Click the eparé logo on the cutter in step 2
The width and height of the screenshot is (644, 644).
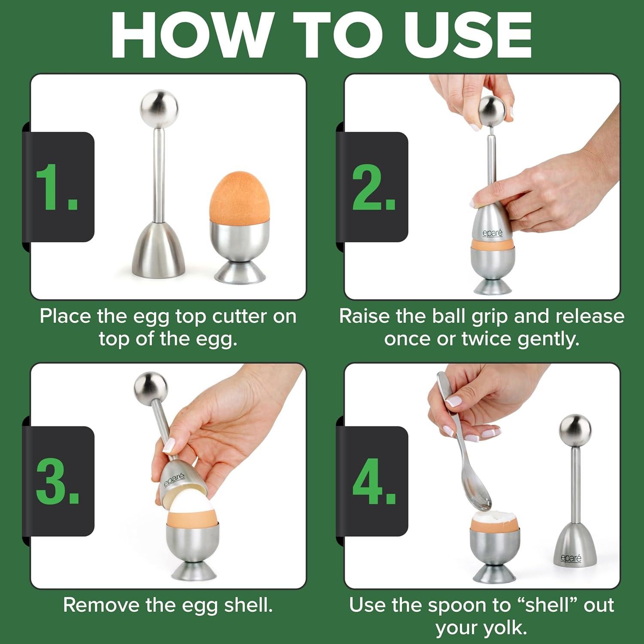point(492,233)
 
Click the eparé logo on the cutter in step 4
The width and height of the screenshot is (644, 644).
point(571,558)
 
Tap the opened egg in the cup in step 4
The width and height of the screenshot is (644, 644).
point(494,520)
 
